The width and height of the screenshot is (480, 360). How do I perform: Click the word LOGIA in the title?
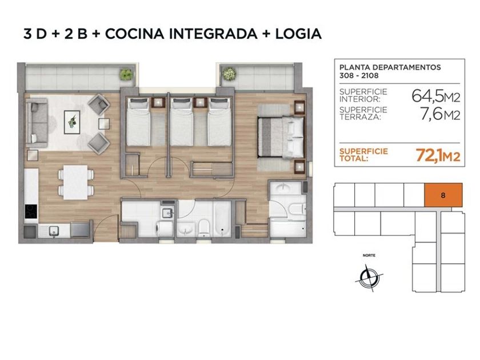coord(298,34)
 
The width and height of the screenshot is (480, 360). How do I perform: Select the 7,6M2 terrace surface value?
coord(440,114)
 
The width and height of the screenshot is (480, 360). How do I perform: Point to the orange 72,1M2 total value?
coord(438,155)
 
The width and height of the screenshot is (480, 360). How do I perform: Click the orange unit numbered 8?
coord(443,195)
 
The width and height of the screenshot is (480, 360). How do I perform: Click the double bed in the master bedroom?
coord(281,137)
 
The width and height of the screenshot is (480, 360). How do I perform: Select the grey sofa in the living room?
coord(37,122)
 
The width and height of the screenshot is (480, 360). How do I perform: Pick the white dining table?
coord(75,182)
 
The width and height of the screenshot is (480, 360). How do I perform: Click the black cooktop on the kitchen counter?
coord(31,211)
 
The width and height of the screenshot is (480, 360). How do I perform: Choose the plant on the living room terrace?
coord(126,74)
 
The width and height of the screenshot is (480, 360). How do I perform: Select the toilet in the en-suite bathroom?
coord(297,209)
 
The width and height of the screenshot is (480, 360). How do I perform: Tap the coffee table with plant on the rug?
coord(72,122)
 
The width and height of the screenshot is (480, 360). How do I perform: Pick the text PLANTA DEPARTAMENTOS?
coord(390,67)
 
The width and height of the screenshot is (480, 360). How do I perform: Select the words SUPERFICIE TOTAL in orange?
coord(363,155)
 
